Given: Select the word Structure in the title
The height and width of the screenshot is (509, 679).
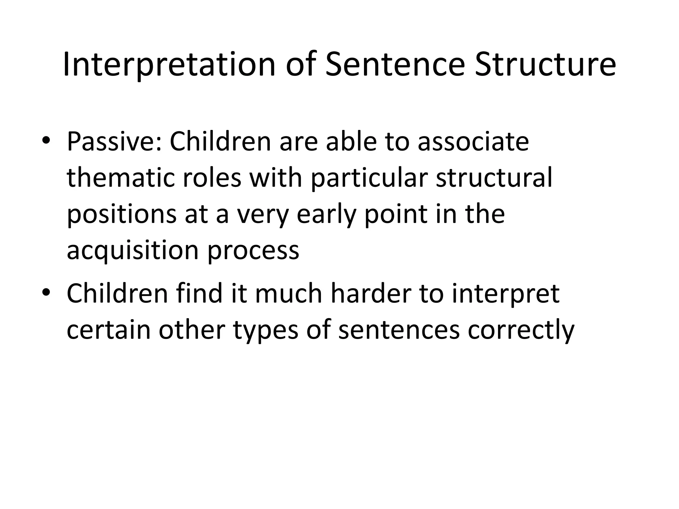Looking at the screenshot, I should tap(545, 65).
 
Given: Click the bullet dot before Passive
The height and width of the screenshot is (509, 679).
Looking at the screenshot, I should tap(46, 141).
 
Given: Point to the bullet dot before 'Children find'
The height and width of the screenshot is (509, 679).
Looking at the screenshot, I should tap(46, 292).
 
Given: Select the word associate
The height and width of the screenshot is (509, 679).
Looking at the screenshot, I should tap(473, 141).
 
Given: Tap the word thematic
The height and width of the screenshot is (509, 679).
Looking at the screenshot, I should tap(121, 178).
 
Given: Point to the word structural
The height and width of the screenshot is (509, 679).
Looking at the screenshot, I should tap(494, 178).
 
